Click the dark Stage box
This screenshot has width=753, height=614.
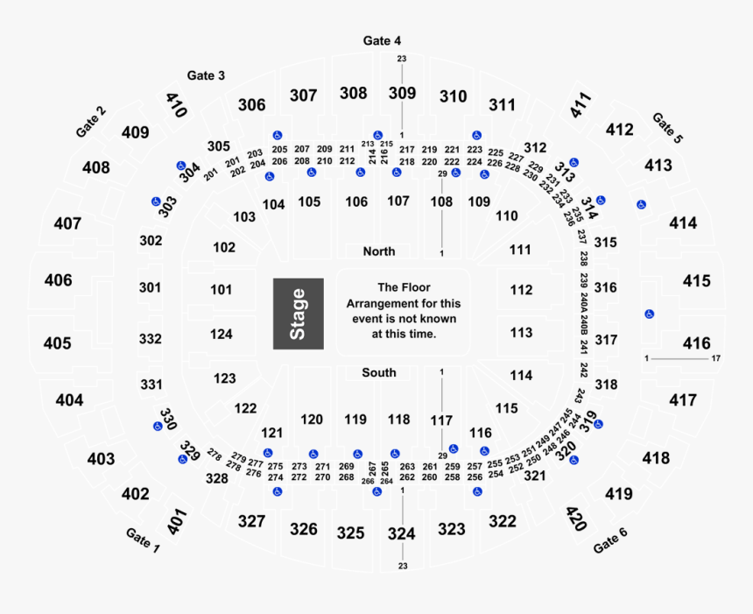tap(298, 314)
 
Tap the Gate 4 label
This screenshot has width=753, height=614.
tap(382, 41)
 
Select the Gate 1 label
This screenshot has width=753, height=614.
tap(144, 541)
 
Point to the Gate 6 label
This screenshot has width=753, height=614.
tap(610, 540)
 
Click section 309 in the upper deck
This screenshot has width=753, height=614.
tap(402, 93)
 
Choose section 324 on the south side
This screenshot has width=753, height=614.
tap(402, 533)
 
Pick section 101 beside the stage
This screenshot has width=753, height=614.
tap(222, 290)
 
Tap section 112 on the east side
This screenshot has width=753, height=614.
tap(521, 290)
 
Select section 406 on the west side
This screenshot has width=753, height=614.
tap(58, 280)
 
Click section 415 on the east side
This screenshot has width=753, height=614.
tap(697, 281)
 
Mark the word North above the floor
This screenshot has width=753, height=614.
tap(379, 251)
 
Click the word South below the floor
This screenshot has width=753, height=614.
tap(379, 372)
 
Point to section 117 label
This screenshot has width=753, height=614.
tap(441, 420)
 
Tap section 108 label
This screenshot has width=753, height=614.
tap(441, 202)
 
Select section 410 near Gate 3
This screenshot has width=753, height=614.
tap(177, 105)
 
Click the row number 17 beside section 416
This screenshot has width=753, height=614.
tap(715, 358)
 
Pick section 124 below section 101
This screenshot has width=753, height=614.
tap(222, 334)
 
